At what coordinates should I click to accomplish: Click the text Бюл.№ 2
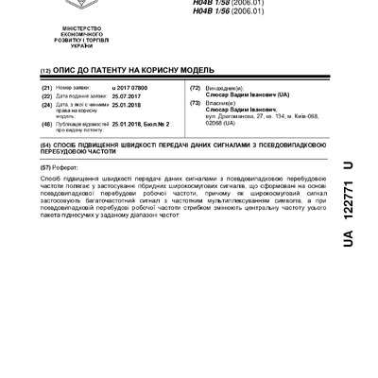154,122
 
